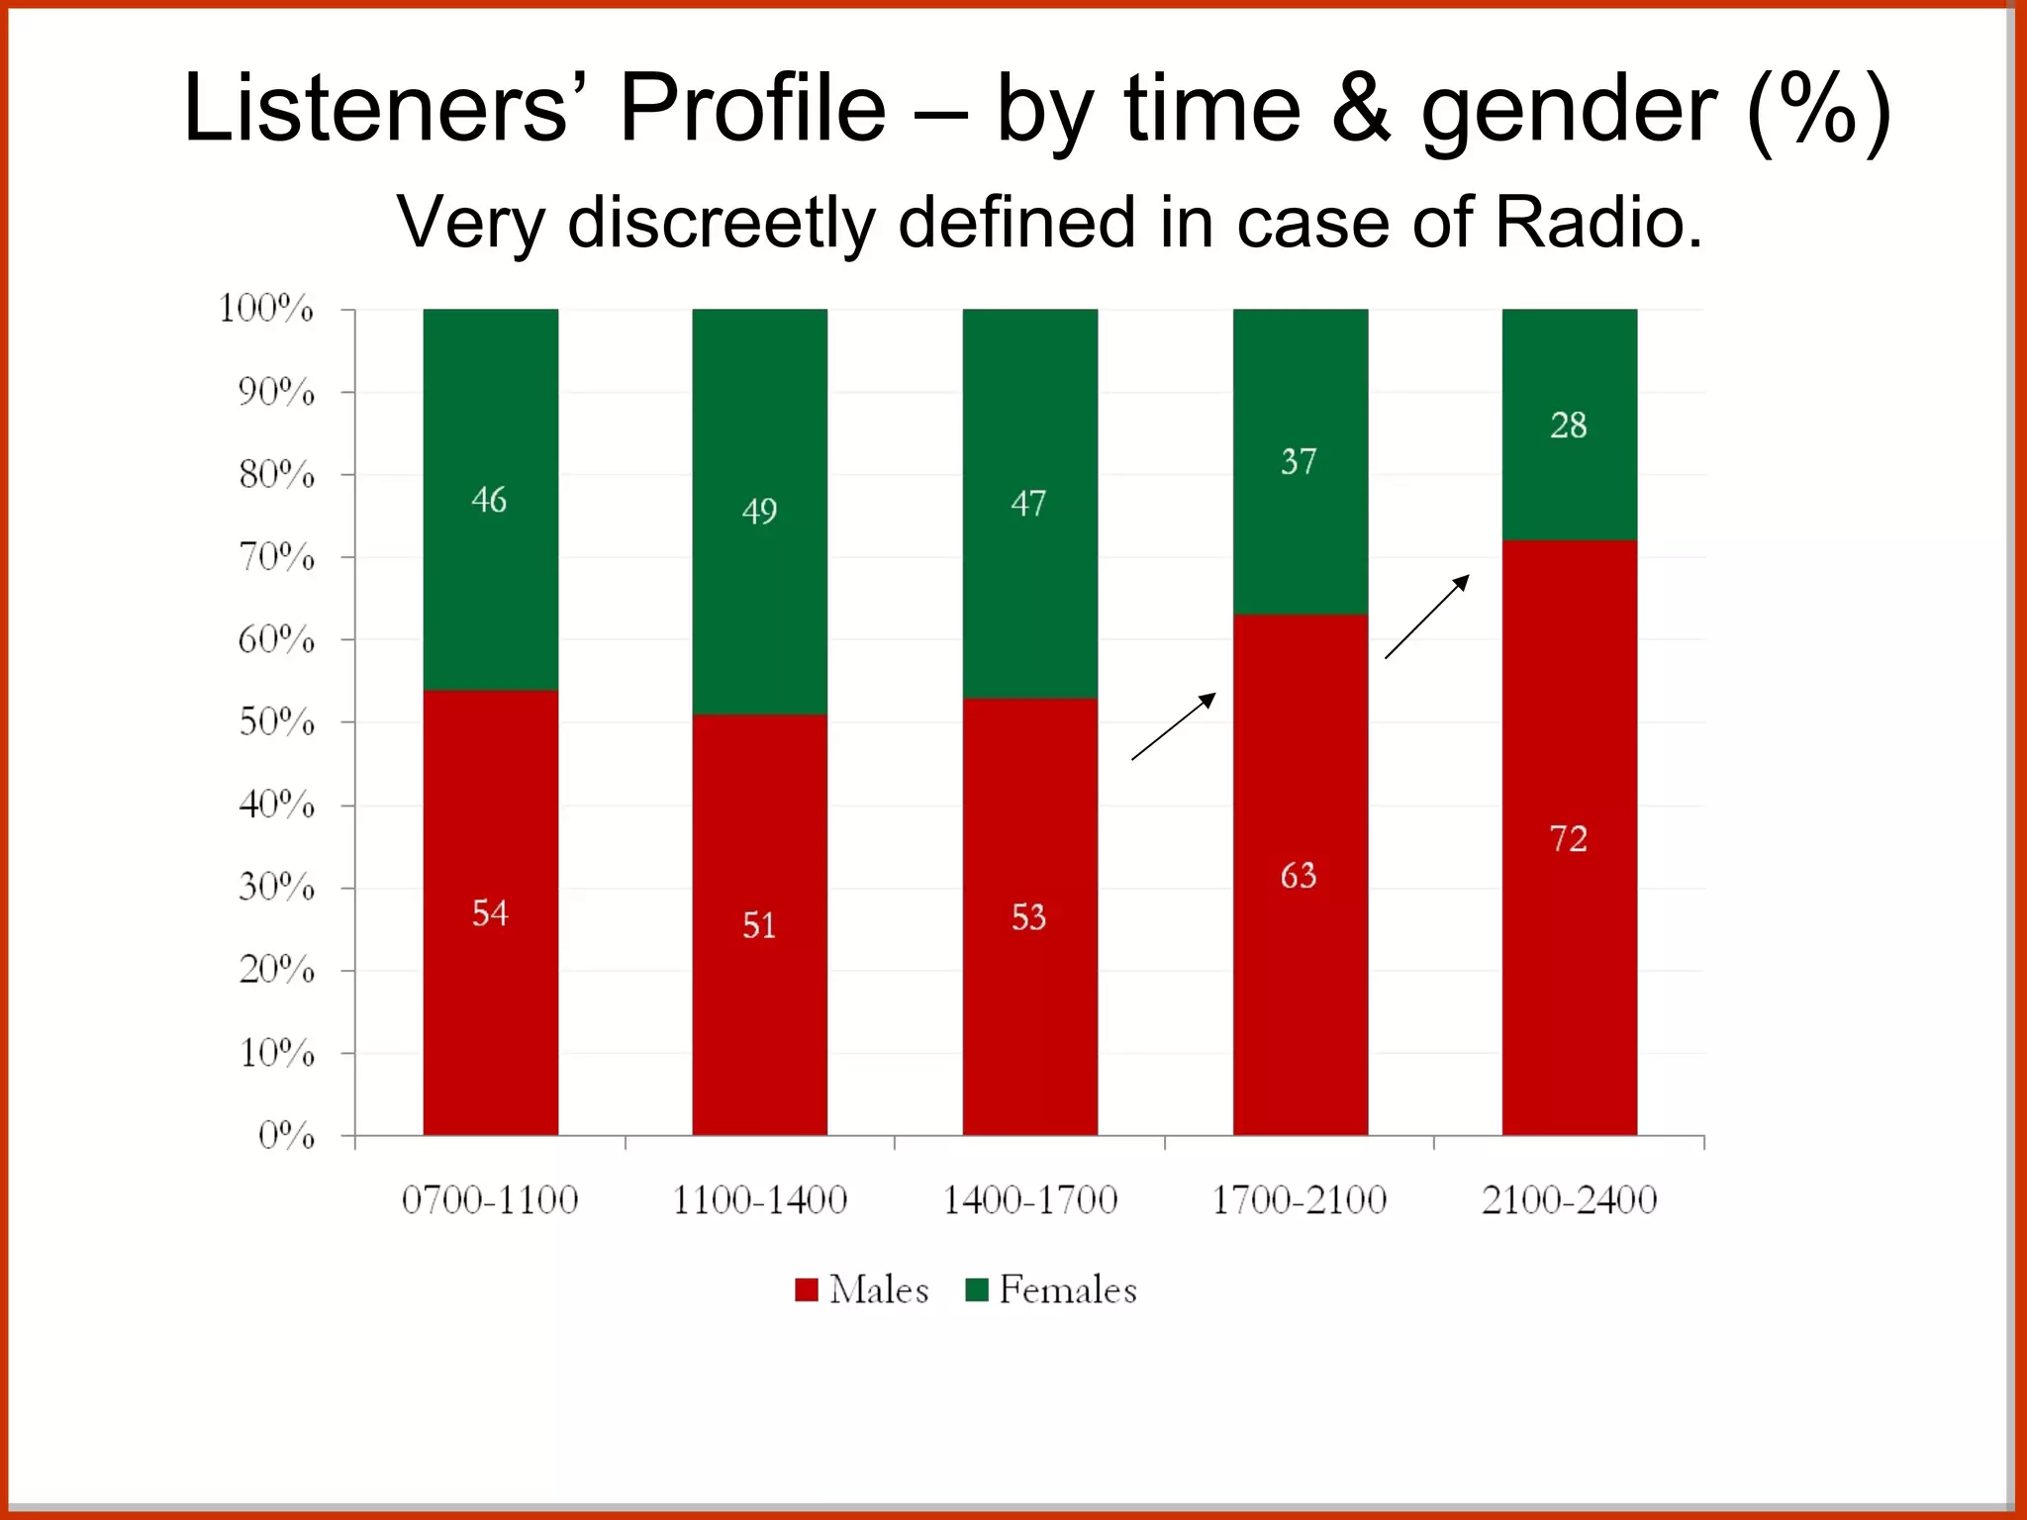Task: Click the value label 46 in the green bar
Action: tap(489, 500)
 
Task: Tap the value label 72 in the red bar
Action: tap(1569, 839)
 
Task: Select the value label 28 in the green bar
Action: tap(1569, 426)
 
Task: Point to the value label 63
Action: tap(1299, 876)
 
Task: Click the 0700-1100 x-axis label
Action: tap(490, 1200)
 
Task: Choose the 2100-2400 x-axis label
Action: tap(1569, 1200)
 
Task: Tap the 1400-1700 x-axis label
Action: tap(1029, 1200)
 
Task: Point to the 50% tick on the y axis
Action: tap(277, 722)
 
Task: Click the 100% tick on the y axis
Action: tap(266, 309)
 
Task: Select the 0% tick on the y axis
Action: tap(287, 1135)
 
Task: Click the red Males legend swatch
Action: tap(807, 1289)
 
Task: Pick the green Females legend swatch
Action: tap(977, 1289)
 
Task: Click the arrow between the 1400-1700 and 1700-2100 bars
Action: tap(1174, 726)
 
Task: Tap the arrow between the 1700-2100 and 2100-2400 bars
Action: tap(1427, 617)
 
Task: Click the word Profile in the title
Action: tap(752, 109)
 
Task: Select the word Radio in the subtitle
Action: tap(1598, 223)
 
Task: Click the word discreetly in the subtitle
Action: tap(722, 223)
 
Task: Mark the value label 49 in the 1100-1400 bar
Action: tap(759, 511)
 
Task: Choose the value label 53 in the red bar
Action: tap(1028, 917)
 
